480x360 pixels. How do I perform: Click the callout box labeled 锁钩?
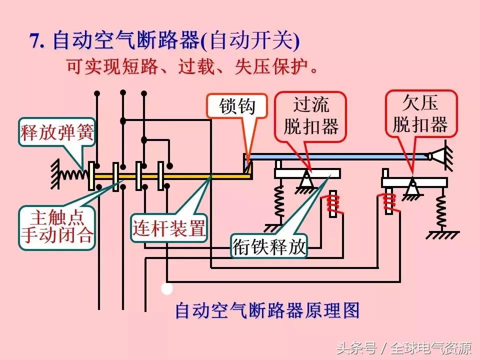[237, 106]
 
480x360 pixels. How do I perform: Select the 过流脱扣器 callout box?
[310, 116]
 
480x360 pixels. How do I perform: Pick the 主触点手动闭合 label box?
[56, 226]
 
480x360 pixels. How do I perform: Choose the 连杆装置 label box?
[169, 229]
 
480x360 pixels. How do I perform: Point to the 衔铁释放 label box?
[269, 246]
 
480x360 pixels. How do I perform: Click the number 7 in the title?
[35, 41]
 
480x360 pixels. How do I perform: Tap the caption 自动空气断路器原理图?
[267, 310]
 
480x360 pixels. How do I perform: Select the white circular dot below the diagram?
[167, 288]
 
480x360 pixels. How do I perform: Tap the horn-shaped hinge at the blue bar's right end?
[440, 156]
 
